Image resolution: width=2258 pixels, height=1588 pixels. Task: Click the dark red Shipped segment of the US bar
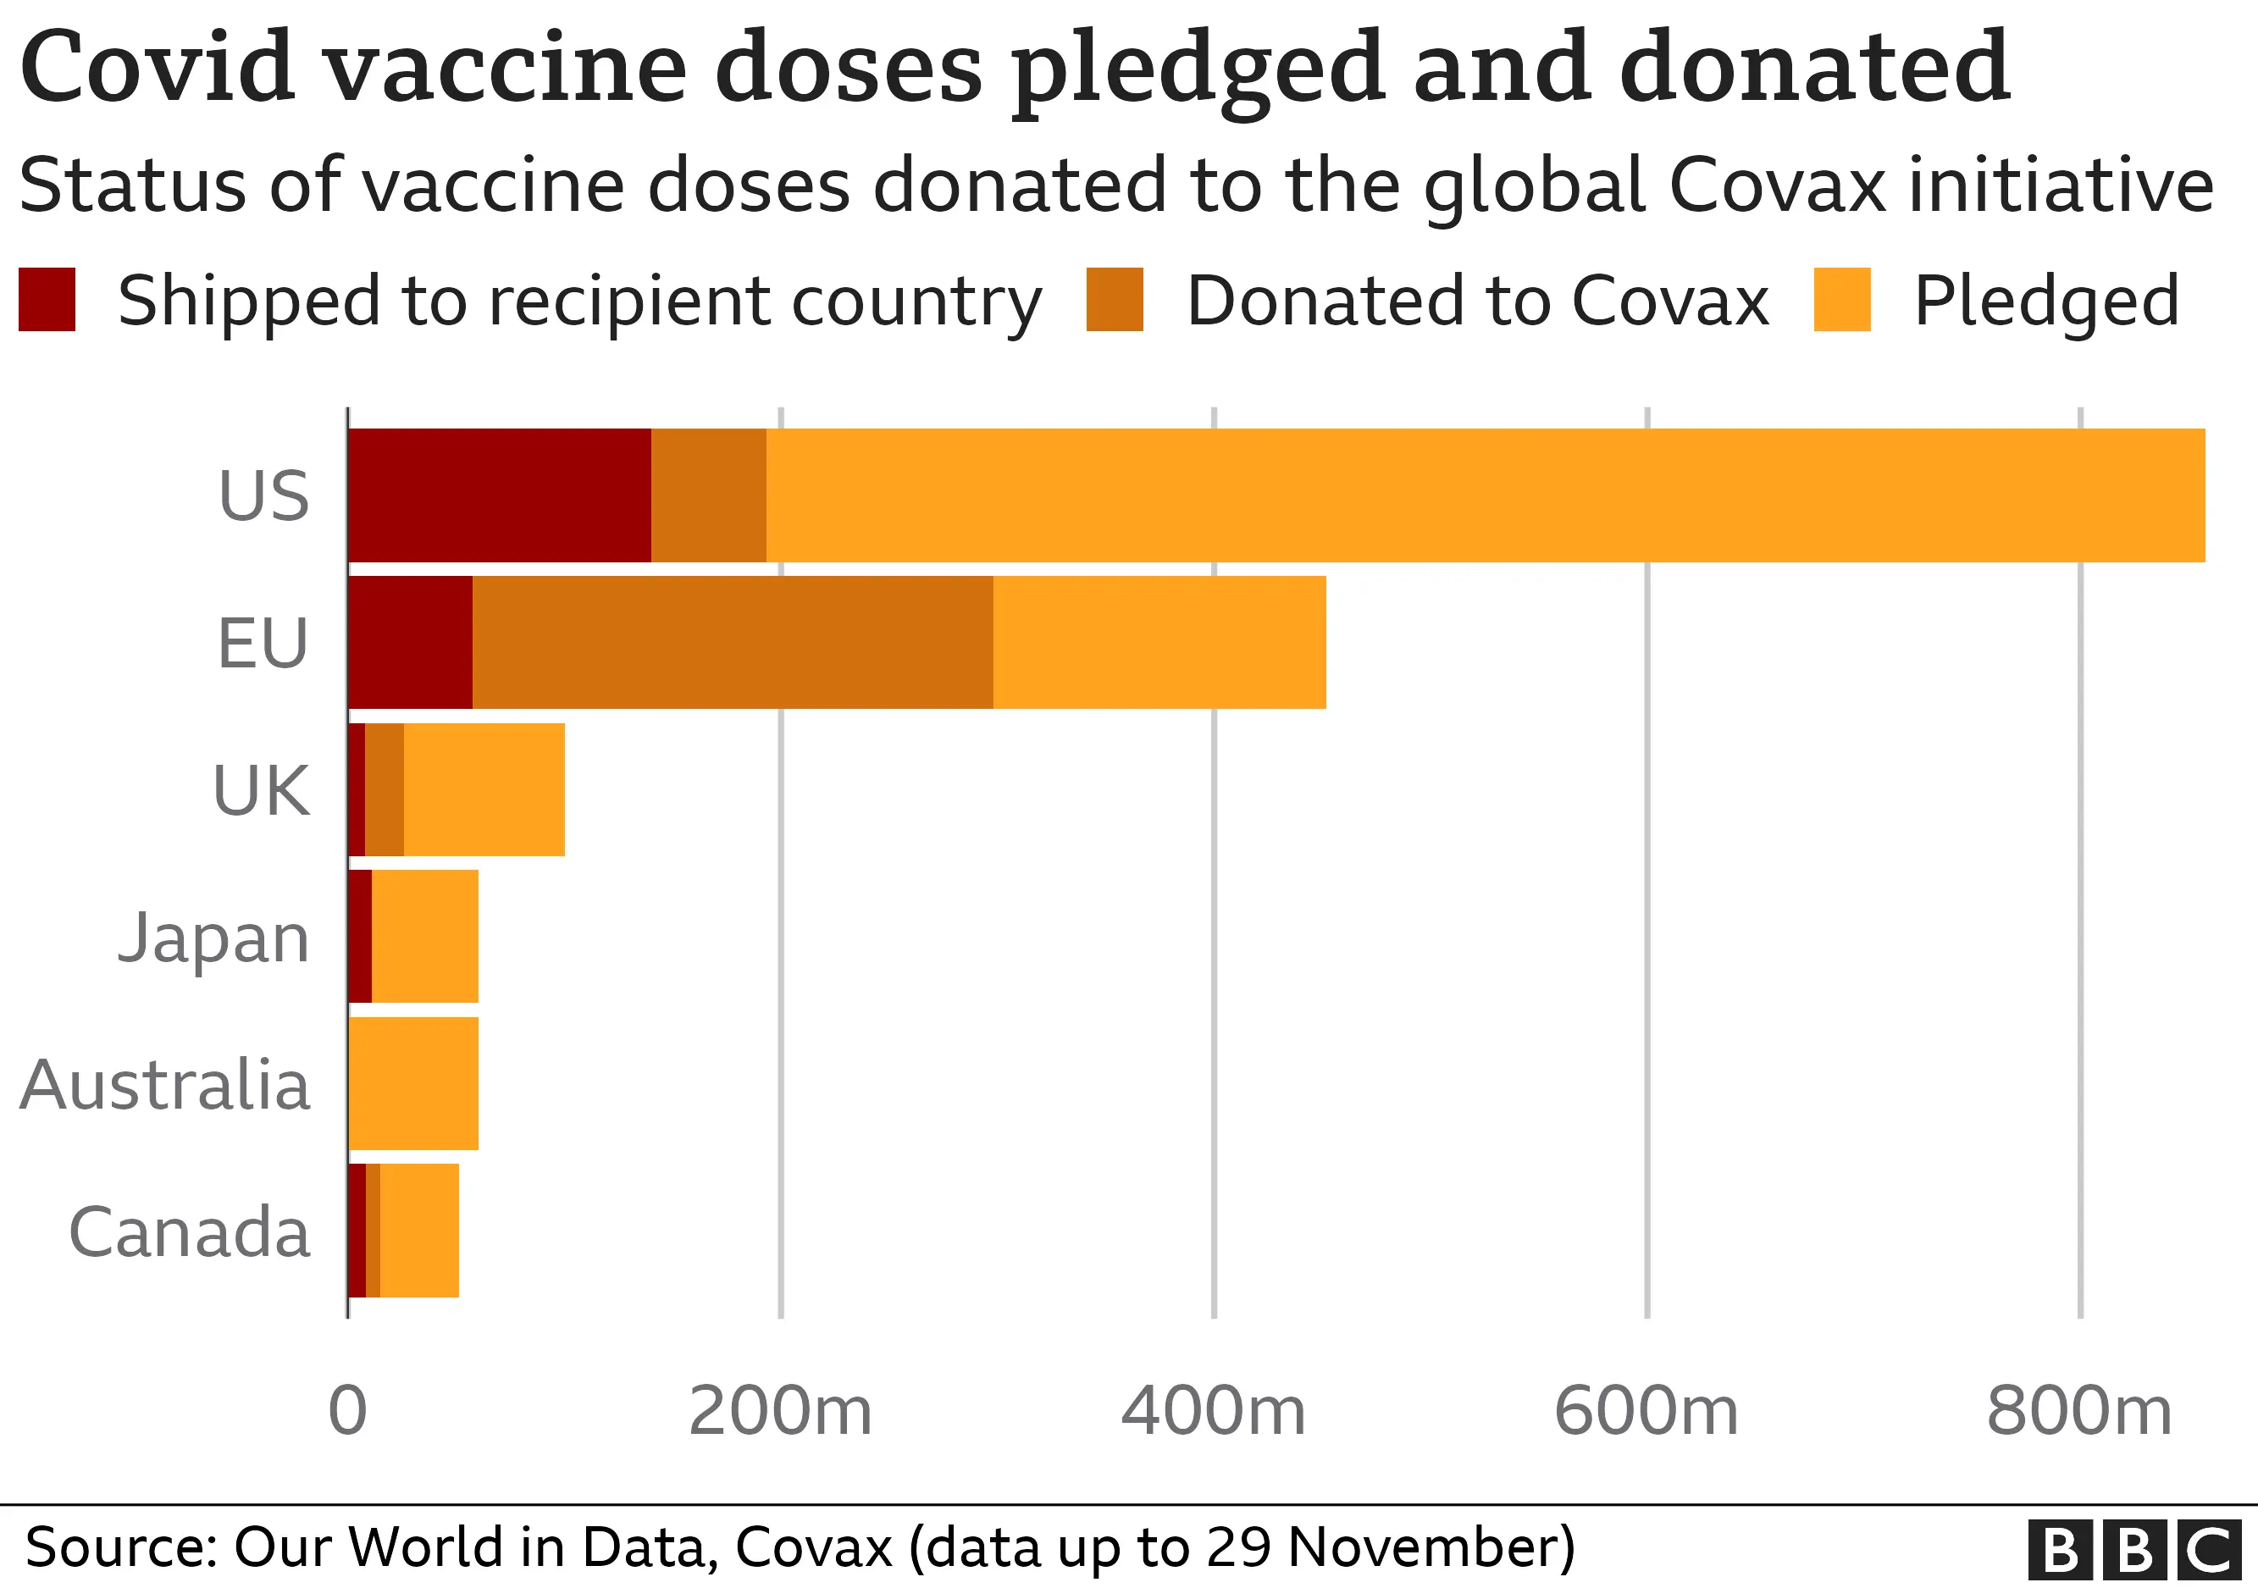tap(500, 495)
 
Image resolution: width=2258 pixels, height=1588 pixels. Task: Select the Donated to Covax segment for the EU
tap(733, 642)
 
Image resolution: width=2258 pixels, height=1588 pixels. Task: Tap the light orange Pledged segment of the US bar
tap(1485, 495)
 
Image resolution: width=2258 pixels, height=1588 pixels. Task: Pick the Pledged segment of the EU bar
tap(1159, 642)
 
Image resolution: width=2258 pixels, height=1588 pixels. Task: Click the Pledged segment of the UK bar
tap(484, 789)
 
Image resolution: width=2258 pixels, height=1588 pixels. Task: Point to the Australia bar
tap(414, 1082)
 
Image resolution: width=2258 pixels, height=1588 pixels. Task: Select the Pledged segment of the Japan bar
tap(425, 936)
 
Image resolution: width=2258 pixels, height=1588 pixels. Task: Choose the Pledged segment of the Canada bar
tap(419, 1230)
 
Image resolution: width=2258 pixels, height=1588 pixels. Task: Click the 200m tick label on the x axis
tap(780, 1411)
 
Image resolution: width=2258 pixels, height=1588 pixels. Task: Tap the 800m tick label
tap(2079, 1411)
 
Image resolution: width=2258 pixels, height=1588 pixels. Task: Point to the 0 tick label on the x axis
tap(347, 1411)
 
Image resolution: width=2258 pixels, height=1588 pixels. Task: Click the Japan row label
tap(213, 938)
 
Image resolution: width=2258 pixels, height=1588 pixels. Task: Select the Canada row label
tap(189, 1232)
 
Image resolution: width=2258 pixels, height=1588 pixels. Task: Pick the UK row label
tap(261, 790)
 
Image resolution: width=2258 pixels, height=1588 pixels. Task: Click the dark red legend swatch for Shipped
tap(47, 299)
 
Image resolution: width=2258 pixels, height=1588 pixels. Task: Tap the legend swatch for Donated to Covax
tap(1115, 299)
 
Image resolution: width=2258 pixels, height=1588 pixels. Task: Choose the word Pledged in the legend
tap(2046, 301)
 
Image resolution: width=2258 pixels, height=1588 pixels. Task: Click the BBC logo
tap(2133, 1550)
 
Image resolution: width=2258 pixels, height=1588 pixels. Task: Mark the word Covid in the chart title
tap(158, 67)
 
